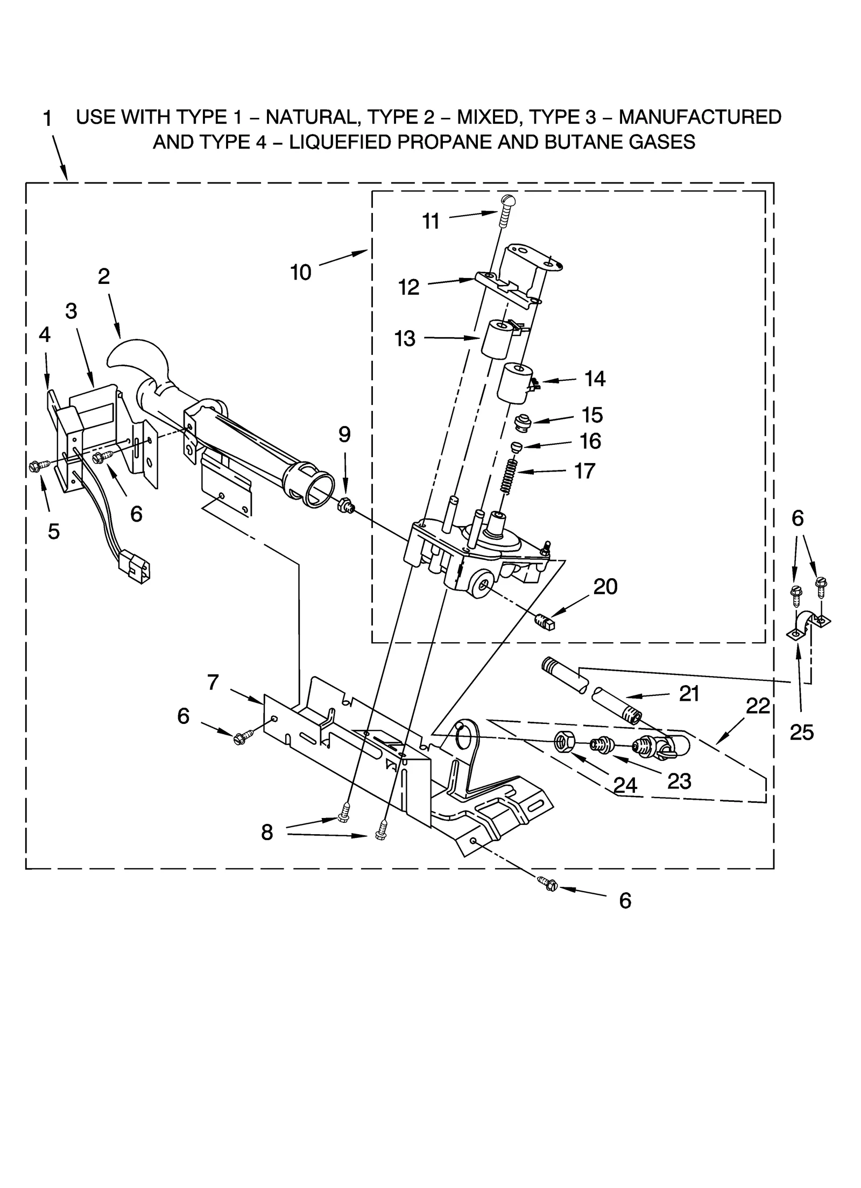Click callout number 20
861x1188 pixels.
coord(605,587)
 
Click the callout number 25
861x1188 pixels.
coord(801,731)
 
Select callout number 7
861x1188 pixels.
coord(213,682)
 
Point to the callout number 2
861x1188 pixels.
coord(104,276)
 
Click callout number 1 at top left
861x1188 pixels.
coord(47,119)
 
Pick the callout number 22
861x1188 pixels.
coord(758,706)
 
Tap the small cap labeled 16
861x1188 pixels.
coord(516,446)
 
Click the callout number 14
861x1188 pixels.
coord(595,379)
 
